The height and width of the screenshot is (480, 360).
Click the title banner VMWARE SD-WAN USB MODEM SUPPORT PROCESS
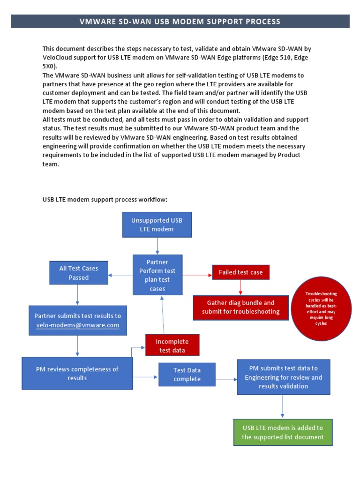click(x=180, y=21)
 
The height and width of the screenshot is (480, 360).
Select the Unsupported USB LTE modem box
click(x=157, y=225)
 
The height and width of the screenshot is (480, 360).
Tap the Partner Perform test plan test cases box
click(x=157, y=275)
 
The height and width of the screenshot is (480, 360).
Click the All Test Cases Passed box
click(x=78, y=273)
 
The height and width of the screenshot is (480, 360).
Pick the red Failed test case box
click(x=240, y=272)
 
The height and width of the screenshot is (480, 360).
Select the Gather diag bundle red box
click(x=240, y=307)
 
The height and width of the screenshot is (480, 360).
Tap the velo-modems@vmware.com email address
click(x=77, y=325)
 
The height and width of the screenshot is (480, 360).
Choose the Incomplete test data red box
click(x=173, y=345)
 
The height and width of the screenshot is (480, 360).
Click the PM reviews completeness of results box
click(x=77, y=373)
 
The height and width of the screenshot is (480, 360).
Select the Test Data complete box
click(x=187, y=375)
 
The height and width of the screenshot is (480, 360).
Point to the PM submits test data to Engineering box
click(x=283, y=377)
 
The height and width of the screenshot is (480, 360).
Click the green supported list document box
click(x=283, y=432)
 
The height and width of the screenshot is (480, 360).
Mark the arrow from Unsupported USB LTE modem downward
click(x=157, y=246)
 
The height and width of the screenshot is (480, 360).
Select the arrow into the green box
click(x=283, y=407)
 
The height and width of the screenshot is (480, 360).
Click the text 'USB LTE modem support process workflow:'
click(x=105, y=200)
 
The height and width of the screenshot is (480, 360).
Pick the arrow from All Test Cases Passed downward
click(x=77, y=295)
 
